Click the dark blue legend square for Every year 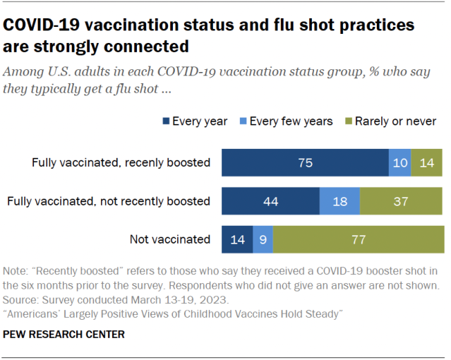[x=167, y=121]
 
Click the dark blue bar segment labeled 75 [x=305, y=162]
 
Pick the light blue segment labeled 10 [x=399, y=162]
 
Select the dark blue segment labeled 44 [x=270, y=201]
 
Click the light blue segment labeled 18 [x=339, y=201]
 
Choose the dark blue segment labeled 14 [x=237, y=239]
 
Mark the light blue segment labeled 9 [x=263, y=239]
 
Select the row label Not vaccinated [x=169, y=239]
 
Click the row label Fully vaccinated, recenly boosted [x=121, y=162]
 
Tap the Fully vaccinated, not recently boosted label [x=109, y=201]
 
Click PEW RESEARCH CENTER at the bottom [x=64, y=334]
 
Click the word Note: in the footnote [x=17, y=270]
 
